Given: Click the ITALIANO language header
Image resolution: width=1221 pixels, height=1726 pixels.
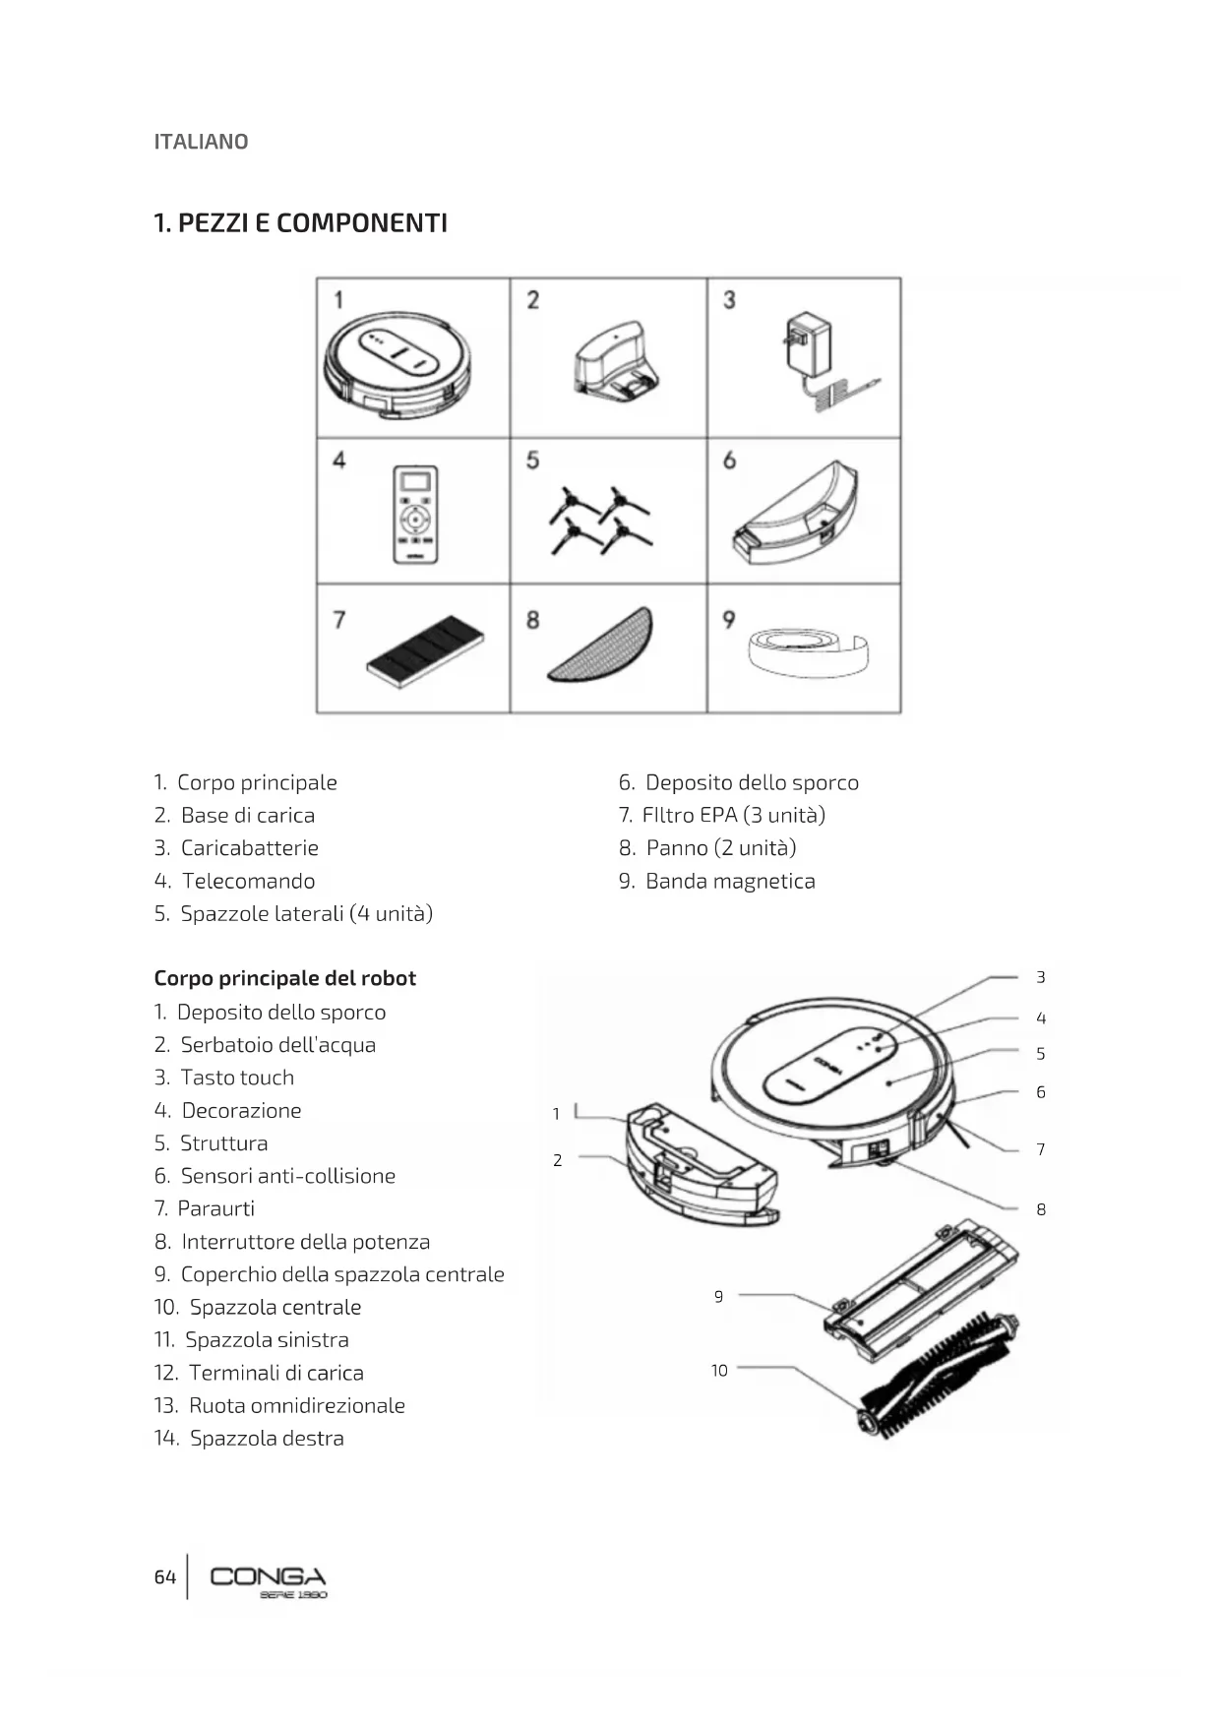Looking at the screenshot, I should [x=201, y=142].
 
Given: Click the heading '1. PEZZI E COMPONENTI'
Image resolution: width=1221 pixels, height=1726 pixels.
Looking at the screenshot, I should [x=300, y=223].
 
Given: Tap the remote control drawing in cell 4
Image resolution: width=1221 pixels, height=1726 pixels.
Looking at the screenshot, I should [x=415, y=515].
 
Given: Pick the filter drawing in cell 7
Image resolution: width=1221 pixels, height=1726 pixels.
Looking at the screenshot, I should [x=424, y=652].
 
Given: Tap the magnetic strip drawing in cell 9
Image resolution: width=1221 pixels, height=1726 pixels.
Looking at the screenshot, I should [x=810, y=652].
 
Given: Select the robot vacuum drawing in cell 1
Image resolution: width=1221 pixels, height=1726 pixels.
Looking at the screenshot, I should [x=397, y=364].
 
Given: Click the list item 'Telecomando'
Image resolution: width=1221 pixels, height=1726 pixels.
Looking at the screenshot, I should [x=248, y=881].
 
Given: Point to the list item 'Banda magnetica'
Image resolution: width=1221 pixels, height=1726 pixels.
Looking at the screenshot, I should [x=729, y=881].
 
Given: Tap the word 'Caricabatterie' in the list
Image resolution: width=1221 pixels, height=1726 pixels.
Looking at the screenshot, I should [x=249, y=848].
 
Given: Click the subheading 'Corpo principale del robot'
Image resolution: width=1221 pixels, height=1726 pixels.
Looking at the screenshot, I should [x=284, y=978].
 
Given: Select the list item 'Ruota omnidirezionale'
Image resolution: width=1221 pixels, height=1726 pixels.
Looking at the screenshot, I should [x=296, y=1405].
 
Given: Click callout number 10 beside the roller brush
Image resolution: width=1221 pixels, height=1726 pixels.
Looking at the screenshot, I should [x=719, y=1371].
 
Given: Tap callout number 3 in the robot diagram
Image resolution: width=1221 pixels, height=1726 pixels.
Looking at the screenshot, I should [x=1040, y=977].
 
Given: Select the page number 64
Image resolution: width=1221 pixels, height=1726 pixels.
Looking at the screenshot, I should [x=164, y=1577].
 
